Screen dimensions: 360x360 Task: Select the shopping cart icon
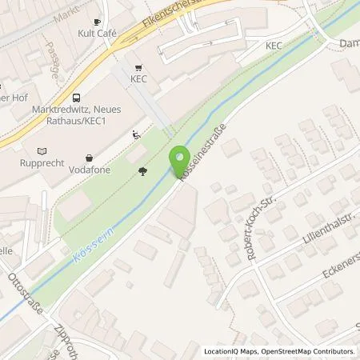click(140, 67)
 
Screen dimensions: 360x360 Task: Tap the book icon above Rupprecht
click(42, 150)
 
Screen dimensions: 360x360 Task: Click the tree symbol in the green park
click(142, 170)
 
